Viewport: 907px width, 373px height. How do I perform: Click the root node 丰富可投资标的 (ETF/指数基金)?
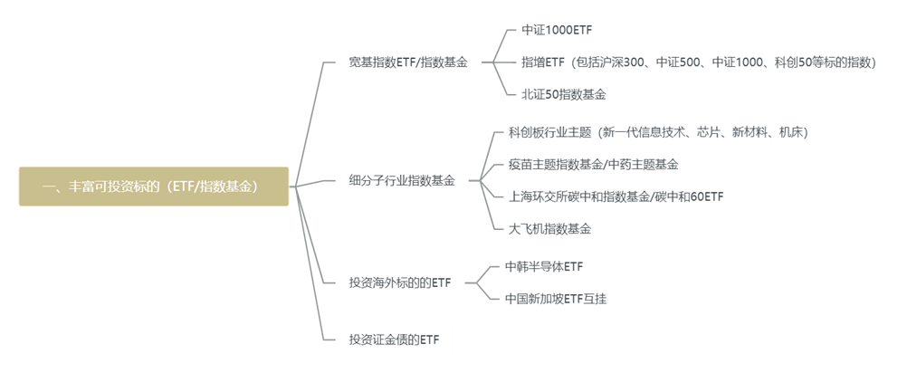[154, 186]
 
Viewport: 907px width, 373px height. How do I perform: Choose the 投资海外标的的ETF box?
[399, 283]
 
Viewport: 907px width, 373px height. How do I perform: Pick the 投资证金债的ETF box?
[393, 340]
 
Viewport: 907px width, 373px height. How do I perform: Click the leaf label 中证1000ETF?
[557, 30]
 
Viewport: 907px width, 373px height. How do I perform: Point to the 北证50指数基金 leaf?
[563, 93]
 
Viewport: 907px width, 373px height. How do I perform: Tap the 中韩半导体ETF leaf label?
[544, 266]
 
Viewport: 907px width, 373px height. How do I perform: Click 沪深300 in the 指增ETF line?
[621, 62]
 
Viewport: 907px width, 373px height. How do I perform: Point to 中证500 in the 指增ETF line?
[678, 62]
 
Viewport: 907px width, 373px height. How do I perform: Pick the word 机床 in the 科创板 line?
[790, 132]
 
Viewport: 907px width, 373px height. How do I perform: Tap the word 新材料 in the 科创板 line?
[749, 132]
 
